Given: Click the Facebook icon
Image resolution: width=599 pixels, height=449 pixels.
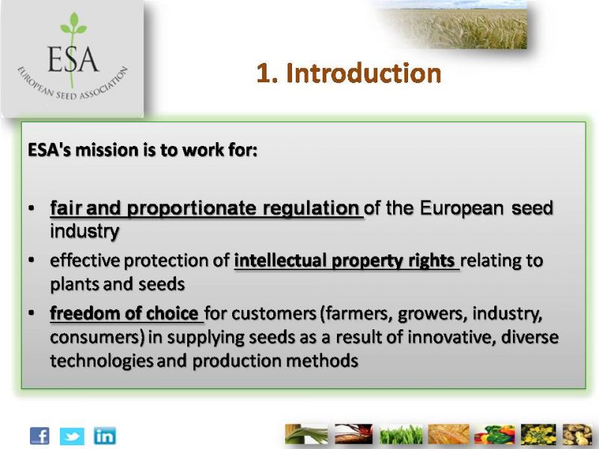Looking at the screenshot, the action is coord(40,436).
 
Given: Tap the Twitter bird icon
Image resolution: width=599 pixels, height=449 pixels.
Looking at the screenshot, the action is coord(72,436).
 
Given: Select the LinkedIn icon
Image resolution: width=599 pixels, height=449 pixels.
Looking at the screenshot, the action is coord(105,436).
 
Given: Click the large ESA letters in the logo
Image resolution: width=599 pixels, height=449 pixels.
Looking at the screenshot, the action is coord(73,60).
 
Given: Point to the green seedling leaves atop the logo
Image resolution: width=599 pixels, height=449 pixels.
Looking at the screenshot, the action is coord(73,24).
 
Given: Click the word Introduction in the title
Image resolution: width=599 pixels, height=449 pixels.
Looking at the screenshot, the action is coord(364,73).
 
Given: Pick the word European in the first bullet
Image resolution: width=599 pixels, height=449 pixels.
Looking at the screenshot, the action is coord(461,208).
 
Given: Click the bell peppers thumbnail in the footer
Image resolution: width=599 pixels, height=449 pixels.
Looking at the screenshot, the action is coord(494,435).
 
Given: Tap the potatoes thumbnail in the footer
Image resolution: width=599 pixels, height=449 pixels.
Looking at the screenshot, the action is coord(577,435).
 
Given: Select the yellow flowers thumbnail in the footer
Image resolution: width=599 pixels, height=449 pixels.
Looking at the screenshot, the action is coord(538,435).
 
